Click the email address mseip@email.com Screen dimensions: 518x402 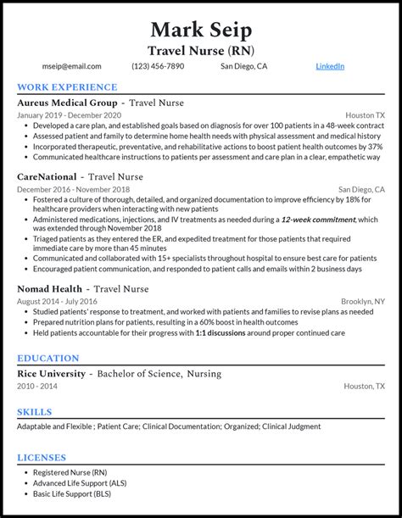click(71, 66)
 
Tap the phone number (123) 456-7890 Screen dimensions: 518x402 click(158, 66)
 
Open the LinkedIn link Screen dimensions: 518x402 click(330, 66)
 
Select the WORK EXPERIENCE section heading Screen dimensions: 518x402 click(67, 87)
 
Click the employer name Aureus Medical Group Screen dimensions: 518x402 click(67, 103)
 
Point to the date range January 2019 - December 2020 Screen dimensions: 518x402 click(69, 115)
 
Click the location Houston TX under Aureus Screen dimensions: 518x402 click(365, 115)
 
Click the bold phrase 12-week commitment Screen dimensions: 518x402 click(313, 220)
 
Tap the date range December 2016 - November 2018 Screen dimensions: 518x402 click(73, 190)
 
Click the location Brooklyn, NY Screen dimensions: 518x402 click(362, 302)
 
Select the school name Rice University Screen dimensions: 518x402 click(52, 374)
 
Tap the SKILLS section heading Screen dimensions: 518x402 click(35, 412)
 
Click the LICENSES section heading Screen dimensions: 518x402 click(42, 458)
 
